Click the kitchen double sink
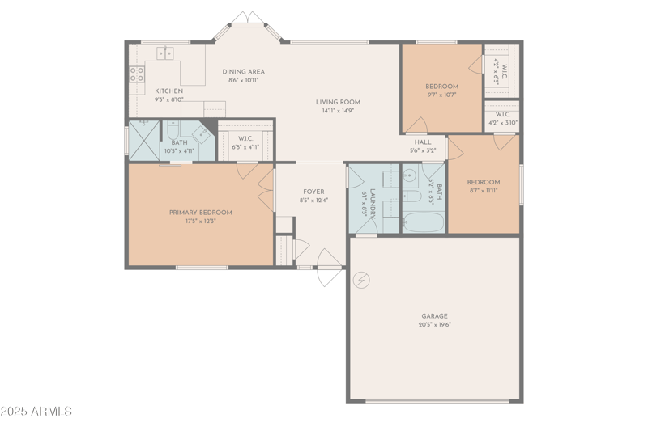[165, 53]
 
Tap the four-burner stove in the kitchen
[136, 75]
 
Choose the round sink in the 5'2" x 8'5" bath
[410, 175]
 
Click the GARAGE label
[434, 316]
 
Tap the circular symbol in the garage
[362, 280]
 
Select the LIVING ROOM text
[338, 102]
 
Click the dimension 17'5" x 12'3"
[200, 221]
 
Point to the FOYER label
[313, 192]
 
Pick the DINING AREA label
[244, 72]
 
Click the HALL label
[423, 142]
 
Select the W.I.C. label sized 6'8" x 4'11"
[246, 138]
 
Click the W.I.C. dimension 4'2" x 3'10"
[502, 123]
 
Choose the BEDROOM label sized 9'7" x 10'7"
[441, 87]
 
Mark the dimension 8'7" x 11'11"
[484, 191]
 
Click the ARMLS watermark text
[36, 412]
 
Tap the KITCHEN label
[168, 91]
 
